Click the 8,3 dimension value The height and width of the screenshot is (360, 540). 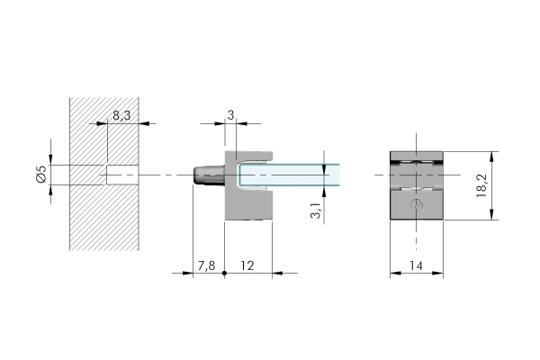tap(121, 115)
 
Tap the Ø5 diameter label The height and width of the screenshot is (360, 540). tap(41, 175)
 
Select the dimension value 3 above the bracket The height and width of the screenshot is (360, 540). tap(230, 115)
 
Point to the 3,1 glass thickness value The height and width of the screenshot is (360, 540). tap(316, 211)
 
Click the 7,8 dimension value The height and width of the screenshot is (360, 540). tap(207, 265)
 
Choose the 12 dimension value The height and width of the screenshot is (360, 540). tap(247, 265)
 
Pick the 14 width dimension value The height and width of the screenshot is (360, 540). tap(416, 265)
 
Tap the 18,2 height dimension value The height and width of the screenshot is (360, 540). tap(481, 185)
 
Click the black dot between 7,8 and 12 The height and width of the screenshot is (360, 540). tap(224, 274)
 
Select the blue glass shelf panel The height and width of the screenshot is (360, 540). tap(289, 175)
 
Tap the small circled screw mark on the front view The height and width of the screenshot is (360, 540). tap(417, 204)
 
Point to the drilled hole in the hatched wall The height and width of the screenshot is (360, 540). tap(122, 175)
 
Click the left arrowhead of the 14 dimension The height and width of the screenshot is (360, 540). tap(395, 274)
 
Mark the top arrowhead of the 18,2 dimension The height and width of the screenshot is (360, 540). tap(491, 157)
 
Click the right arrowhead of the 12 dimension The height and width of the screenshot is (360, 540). tap(277, 274)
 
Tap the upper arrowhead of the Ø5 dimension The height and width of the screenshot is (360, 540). tap(50, 159)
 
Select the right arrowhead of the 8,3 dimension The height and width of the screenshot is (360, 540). tap(144, 123)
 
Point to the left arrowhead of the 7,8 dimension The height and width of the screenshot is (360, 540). tap(188, 274)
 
